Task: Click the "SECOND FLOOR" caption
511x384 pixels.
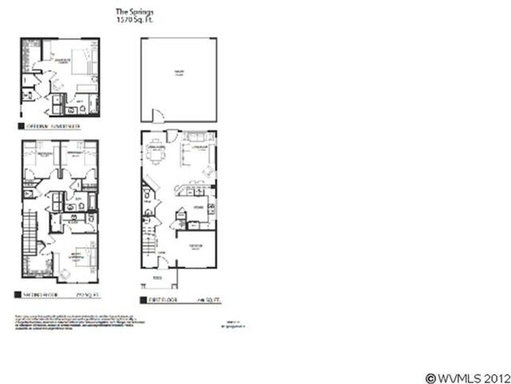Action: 39,294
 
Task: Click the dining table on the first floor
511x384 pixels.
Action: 156,156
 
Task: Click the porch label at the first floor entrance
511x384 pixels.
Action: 156,278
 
